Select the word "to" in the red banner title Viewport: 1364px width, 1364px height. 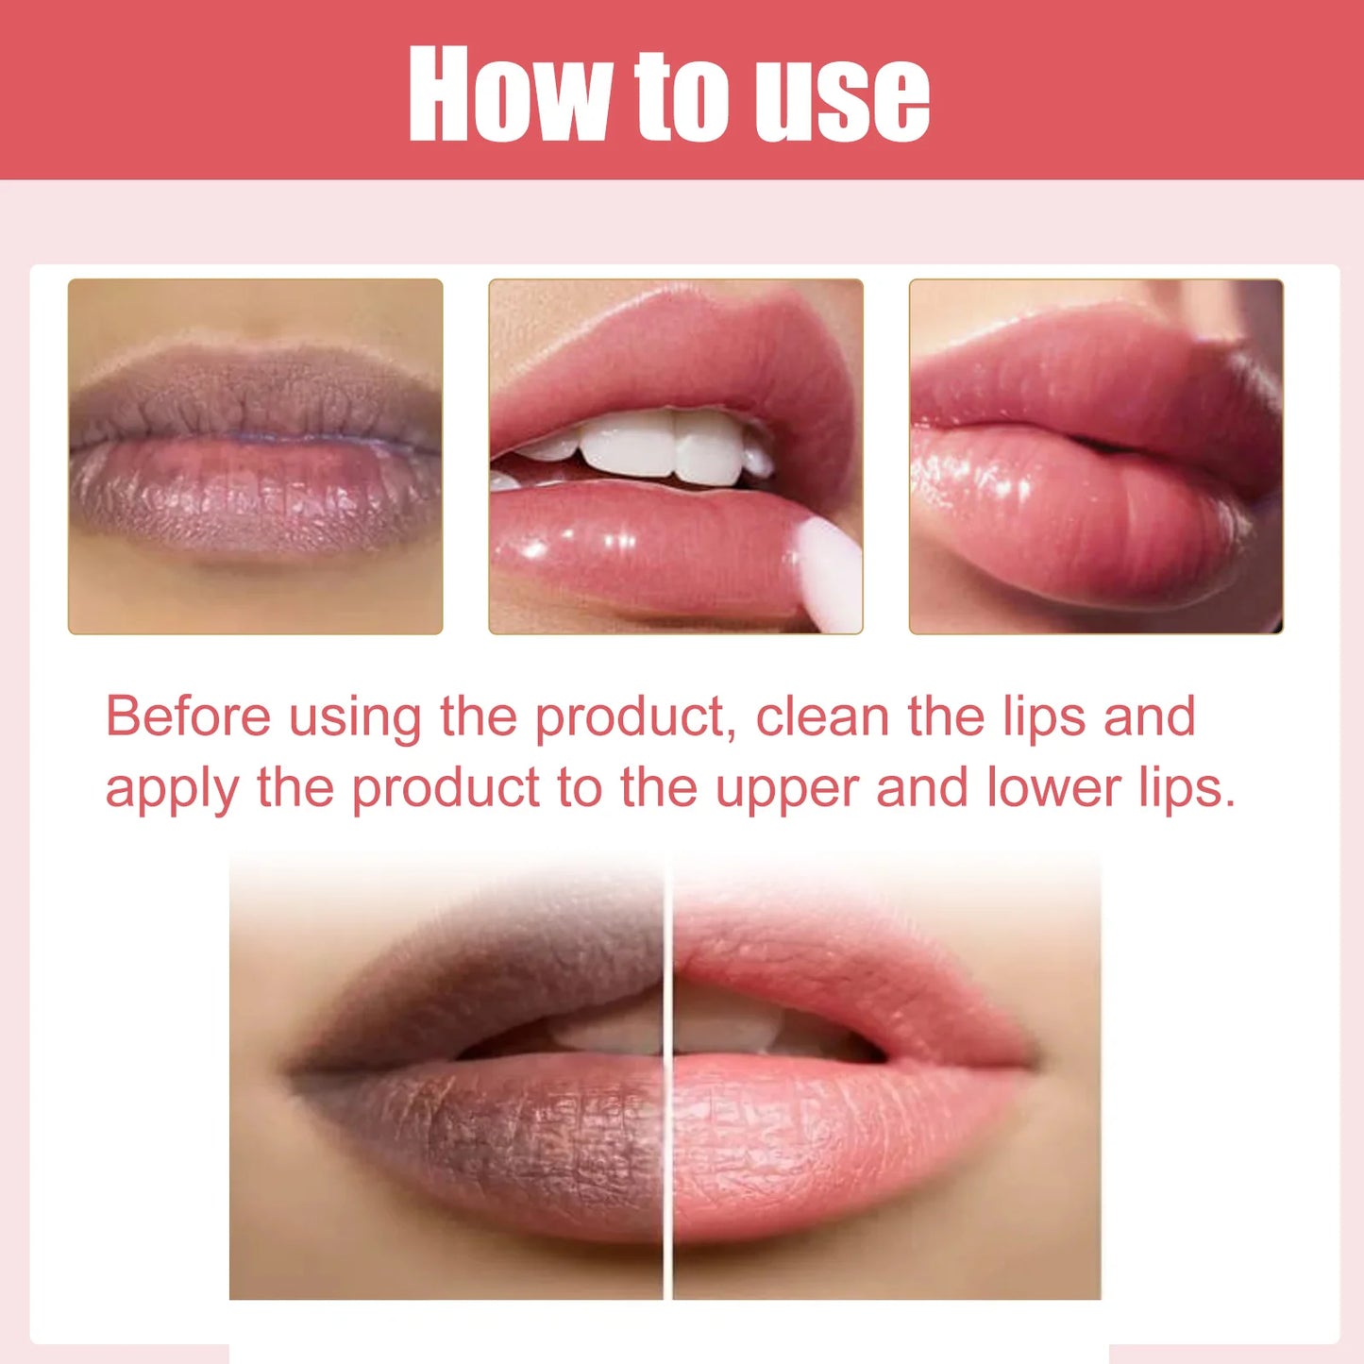click(x=680, y=94)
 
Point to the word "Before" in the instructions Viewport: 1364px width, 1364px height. click(x=188, y=716)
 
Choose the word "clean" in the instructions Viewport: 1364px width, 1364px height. click(x=822, y=716)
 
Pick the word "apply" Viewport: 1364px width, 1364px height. click(x=171, y=790)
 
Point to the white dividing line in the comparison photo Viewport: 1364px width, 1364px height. click(x=667, y=1076)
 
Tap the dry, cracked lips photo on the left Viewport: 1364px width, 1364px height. click(x=255, y=456)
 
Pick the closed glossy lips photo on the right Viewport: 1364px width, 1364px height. click(x=1096, y=456)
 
